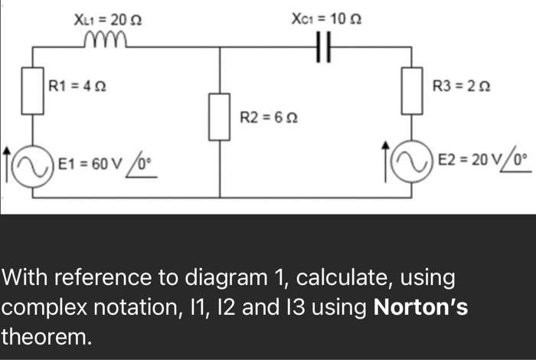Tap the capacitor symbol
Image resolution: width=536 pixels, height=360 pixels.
click(323, 47)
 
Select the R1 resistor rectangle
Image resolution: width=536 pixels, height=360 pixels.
click(32, 91)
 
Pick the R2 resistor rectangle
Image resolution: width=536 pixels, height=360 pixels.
click(220, 116)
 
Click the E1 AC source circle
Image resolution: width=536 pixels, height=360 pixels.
click(32, 163)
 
